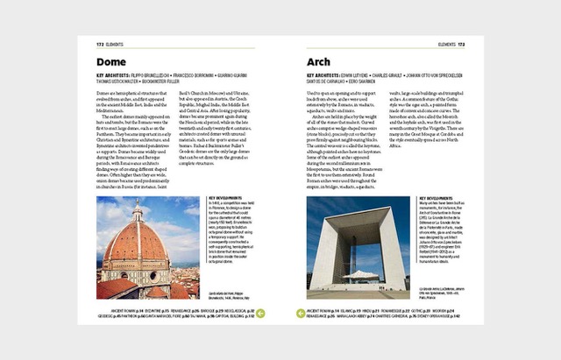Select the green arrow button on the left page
pos(260,312)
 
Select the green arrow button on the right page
pos(301,312)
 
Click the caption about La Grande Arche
pos(440,292)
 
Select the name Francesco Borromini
pos(208,76)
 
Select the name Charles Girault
pos(411,76)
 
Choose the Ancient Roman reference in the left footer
pos(115,310)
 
